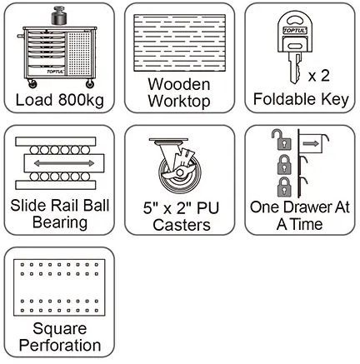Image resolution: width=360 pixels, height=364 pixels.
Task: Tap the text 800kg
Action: point(81,100)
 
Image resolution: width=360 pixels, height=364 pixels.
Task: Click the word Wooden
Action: point(179,84)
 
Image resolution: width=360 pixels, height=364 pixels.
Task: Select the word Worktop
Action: point(179,101)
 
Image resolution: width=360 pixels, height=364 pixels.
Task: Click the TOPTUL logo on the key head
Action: point(295,30)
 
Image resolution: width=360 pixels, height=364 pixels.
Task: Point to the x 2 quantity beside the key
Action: point(318,76)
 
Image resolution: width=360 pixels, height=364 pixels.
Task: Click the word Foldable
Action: point(285,99)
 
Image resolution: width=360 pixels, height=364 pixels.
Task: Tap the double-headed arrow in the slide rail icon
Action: point(64,163)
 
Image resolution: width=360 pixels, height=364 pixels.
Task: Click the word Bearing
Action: point(60,222)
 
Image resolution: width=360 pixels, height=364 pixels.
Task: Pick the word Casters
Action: point(182,225)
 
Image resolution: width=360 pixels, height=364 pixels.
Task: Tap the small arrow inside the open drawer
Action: point(311,143)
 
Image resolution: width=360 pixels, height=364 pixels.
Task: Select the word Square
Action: point(60,330)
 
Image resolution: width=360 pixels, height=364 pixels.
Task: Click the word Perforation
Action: point(60,346)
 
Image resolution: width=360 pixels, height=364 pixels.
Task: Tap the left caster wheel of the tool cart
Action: point(32,84)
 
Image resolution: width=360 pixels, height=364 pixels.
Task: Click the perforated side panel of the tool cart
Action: point(79,54)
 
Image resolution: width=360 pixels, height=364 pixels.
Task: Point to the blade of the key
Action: point(295,68)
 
